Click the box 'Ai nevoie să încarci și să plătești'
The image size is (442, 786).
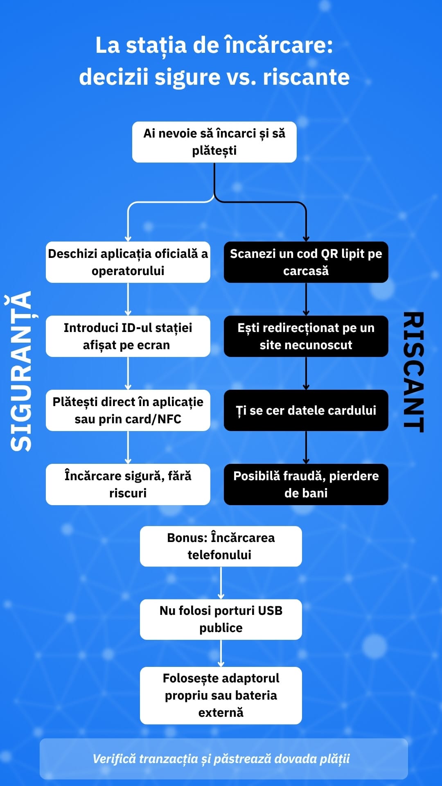[214, 142]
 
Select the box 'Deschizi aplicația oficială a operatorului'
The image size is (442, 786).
[128, 262]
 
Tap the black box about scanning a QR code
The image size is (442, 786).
[306, 262]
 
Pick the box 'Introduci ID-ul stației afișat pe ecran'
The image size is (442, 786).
[128, 336]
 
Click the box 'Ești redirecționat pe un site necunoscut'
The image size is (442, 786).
[306, 336]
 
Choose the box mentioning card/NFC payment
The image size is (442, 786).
[128, 410]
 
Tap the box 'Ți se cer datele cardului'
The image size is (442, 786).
[306, 410]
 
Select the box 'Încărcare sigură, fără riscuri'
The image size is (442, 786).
[128, 484]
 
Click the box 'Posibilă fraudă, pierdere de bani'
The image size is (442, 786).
[306, 484]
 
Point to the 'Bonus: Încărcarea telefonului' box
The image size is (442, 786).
[221, 546]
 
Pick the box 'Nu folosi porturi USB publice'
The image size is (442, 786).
[221, 619]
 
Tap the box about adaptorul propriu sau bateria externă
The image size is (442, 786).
[221, 695]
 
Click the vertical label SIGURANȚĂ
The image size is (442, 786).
[21, 371]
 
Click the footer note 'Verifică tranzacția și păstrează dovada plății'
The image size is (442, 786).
[221, 759]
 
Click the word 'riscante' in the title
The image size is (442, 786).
[306, 77]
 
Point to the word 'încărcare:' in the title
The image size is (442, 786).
[278, 45]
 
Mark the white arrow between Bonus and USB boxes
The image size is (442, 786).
[221, 583]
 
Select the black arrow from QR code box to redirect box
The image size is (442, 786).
[306, 299]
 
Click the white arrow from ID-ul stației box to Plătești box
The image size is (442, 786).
[128, 373]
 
